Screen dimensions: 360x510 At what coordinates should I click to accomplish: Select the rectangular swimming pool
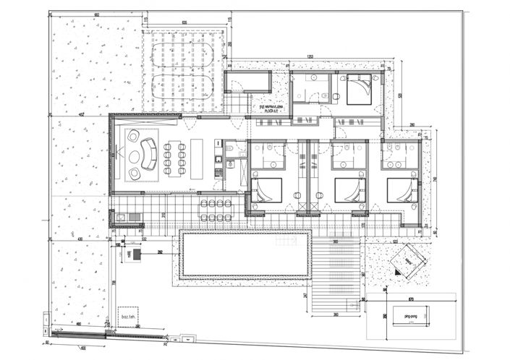point(245,254)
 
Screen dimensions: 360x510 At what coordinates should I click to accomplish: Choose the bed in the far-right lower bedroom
point(402,190)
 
